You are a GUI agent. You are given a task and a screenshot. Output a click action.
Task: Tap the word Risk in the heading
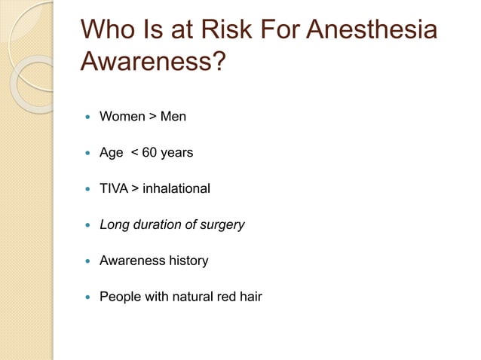[225, 31]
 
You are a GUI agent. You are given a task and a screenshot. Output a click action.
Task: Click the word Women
[122, 117]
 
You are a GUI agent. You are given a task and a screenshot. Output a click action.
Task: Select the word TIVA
[114, 188]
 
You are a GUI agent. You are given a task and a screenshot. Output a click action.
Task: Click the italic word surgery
[221, 224]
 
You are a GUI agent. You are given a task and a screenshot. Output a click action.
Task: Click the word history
[188, 261]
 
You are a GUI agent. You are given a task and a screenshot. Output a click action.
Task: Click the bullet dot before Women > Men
[87, 117]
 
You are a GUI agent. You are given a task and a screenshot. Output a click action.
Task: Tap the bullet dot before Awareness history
[87, 261]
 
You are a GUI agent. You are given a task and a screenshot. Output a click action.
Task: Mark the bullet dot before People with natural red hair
[87, 297]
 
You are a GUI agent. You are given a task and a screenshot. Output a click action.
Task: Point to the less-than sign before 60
[134, 153]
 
